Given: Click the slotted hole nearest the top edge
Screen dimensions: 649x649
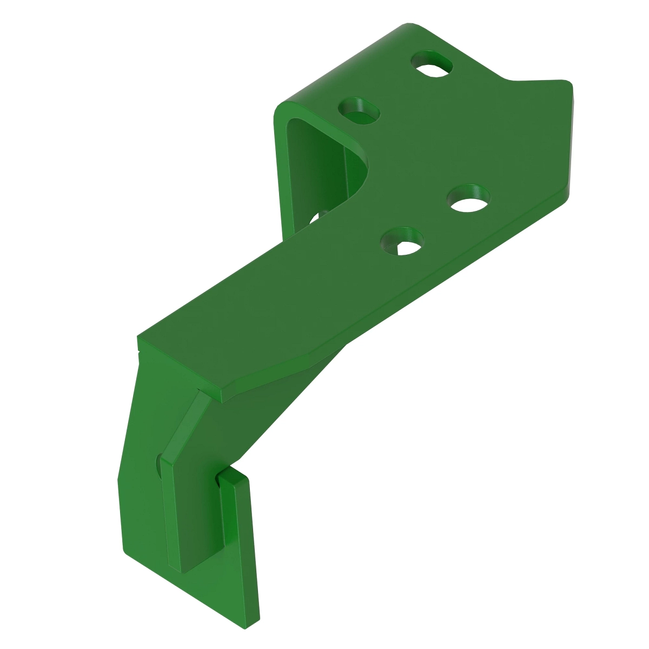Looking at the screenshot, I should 433,65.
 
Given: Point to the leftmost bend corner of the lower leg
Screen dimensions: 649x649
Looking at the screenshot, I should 118,478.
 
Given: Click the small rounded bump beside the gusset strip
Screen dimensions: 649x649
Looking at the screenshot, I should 158,464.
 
